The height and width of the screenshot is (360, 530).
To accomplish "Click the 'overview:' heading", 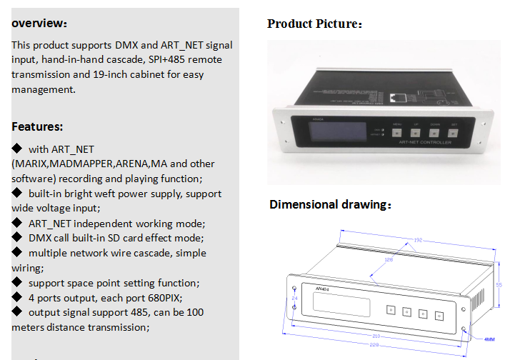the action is pyautogui.click(x=40, y=23).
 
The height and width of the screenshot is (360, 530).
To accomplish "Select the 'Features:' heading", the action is pyautogui.click(x=37, y=126).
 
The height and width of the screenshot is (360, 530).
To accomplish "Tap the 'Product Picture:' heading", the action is pyautogui.click(x=314, y=24).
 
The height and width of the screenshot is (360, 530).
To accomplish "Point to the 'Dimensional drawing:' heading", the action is pyautogui.click(x=331, y=205).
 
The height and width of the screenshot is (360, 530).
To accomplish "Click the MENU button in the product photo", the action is pyautogui.click(x=397, y=131).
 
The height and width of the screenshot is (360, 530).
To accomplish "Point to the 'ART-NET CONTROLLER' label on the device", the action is pyautogui.click(x=425, y=143).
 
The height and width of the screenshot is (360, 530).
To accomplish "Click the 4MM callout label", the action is pyautogui.click(x=490, y=340).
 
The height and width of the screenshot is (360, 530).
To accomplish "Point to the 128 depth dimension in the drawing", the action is pyautogui.click(x=389, y=260).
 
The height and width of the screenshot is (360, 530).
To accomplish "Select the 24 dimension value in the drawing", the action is pyautogui.click(x=294, y=297).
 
